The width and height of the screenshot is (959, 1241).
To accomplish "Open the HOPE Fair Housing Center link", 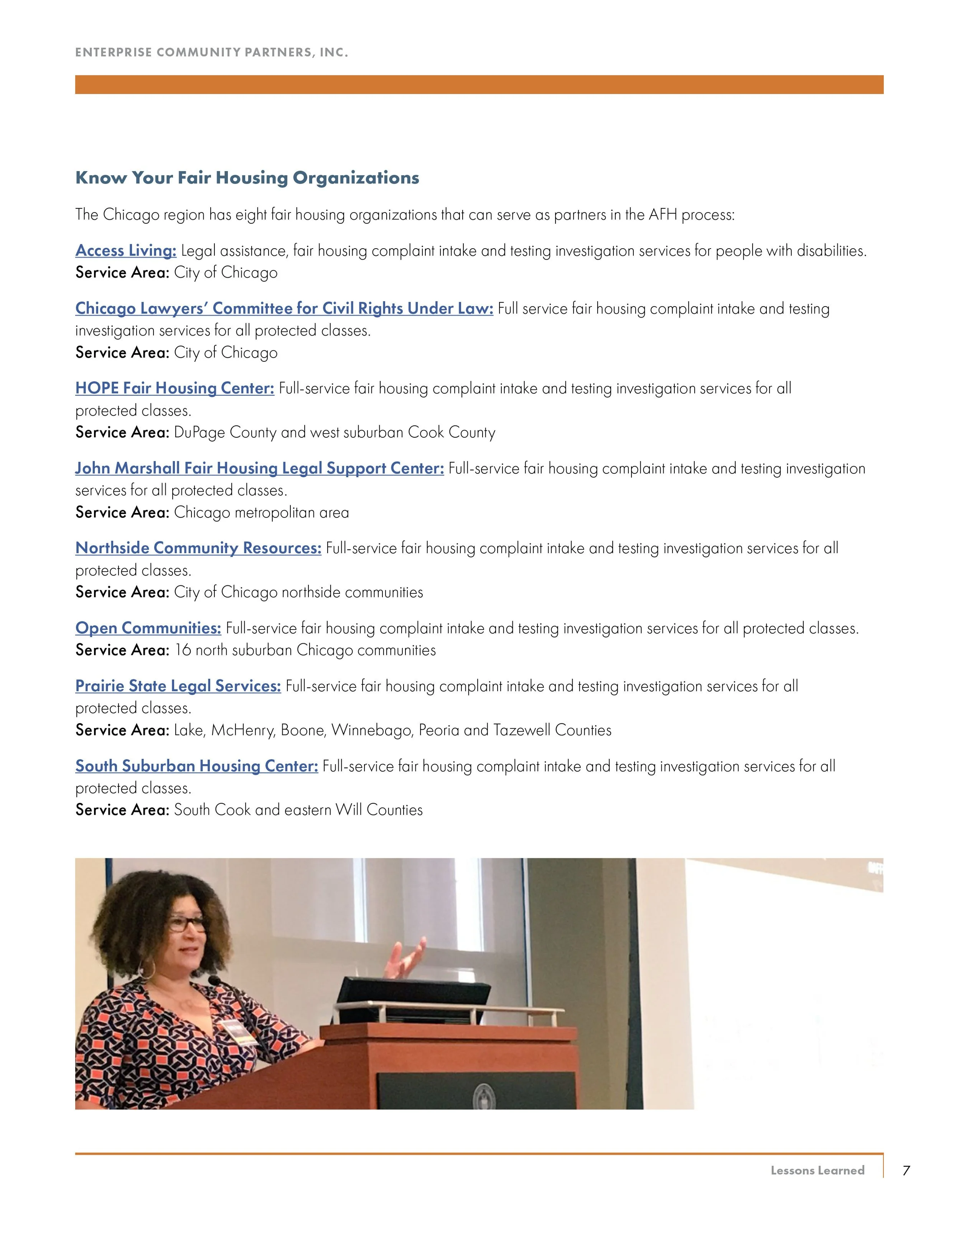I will [x=175, y=388].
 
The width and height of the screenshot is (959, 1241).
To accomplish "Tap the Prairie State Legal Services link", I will [x=178, y=686].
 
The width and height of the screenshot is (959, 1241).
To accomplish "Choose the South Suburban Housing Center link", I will [x=196, y=766].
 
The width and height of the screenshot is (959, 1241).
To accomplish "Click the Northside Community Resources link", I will [x=198, y=548].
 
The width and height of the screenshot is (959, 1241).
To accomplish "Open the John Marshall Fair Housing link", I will [x=259, y=468].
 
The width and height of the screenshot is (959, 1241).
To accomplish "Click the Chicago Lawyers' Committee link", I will [x=284, y=308].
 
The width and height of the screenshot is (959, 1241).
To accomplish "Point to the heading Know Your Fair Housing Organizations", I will [x=247, y=178].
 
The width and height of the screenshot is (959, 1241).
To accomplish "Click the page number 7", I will [x=906, y=1170].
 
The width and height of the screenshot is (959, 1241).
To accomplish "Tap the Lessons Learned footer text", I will [x=817, y=1170].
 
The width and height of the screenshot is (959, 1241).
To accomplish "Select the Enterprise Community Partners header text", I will [x=211, y=52].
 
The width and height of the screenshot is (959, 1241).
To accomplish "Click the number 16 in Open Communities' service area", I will [x=182, y=650].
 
